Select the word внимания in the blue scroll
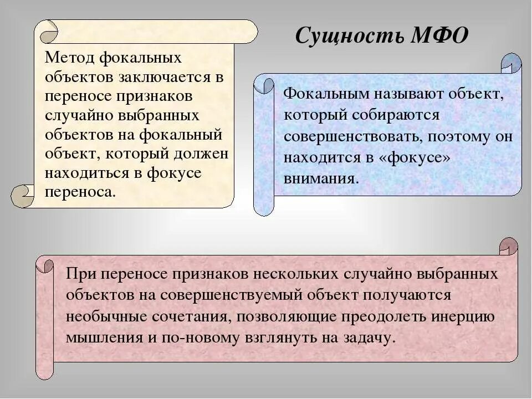pyautogui.click(x=322, y=178)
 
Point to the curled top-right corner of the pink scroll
pyautogui.click(x=507, y=247)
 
